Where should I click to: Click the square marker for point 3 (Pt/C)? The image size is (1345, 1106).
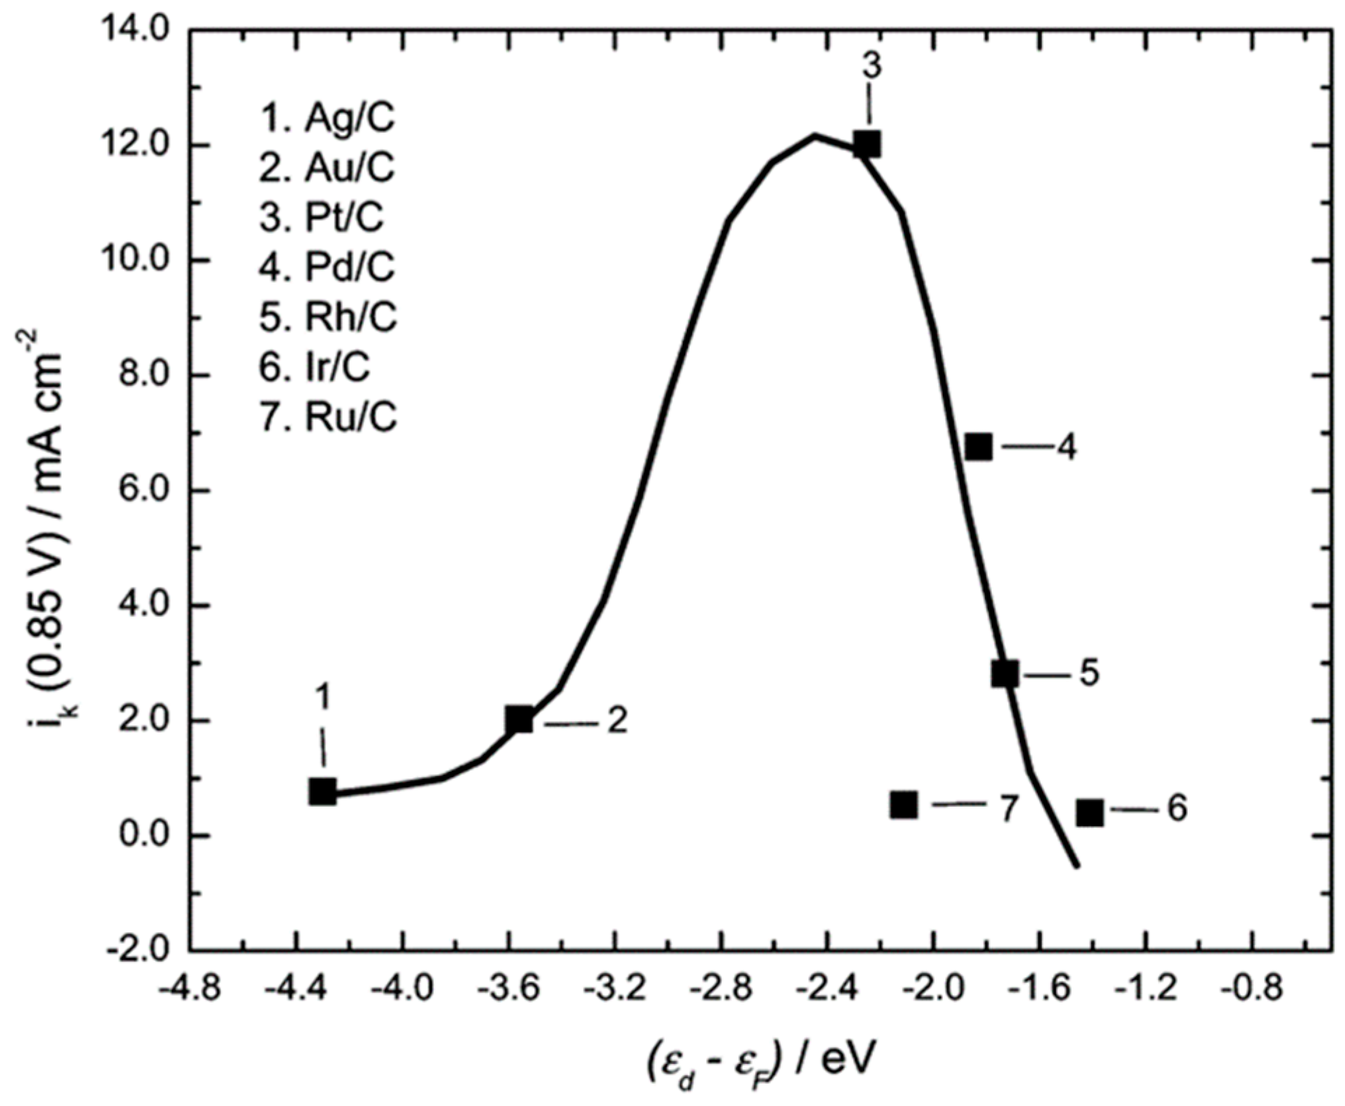tap(867, 145)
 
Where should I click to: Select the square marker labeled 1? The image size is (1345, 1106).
tap(322, 792)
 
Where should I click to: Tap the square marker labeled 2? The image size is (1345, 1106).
tap(520, 719)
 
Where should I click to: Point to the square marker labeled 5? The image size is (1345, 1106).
tap(1005, 674)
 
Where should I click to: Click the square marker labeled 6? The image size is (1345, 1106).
tap(1090, 812)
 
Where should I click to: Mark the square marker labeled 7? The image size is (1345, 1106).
tap(904, 805)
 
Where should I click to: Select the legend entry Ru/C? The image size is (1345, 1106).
tap(328, 417)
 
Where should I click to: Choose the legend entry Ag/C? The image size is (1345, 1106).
tap(327, 117)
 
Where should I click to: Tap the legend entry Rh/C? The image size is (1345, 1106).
tap(328, 317)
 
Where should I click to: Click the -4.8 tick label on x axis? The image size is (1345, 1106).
tap(189, 990)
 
